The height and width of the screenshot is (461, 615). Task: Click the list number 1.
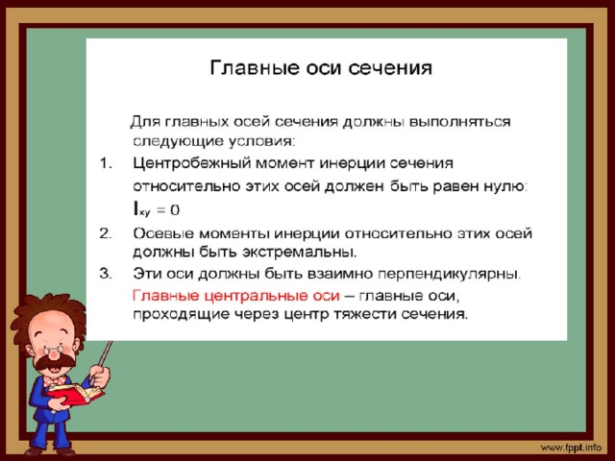pos(106,162)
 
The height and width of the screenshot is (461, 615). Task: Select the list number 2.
pos(106,233)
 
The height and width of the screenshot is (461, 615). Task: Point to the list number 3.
pos(106,273)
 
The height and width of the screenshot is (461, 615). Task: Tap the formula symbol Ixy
pos(141,209)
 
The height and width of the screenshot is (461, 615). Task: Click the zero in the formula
pos(175,210)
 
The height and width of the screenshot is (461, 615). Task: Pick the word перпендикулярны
pos(449,274)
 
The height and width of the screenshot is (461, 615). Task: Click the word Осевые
pos(163,233)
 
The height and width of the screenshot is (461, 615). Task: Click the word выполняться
pos(459,122)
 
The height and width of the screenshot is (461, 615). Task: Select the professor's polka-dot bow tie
pos(54,380)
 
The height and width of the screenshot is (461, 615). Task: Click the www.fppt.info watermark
pos(571,448)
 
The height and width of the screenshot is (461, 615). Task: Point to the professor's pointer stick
pos(103,358)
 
